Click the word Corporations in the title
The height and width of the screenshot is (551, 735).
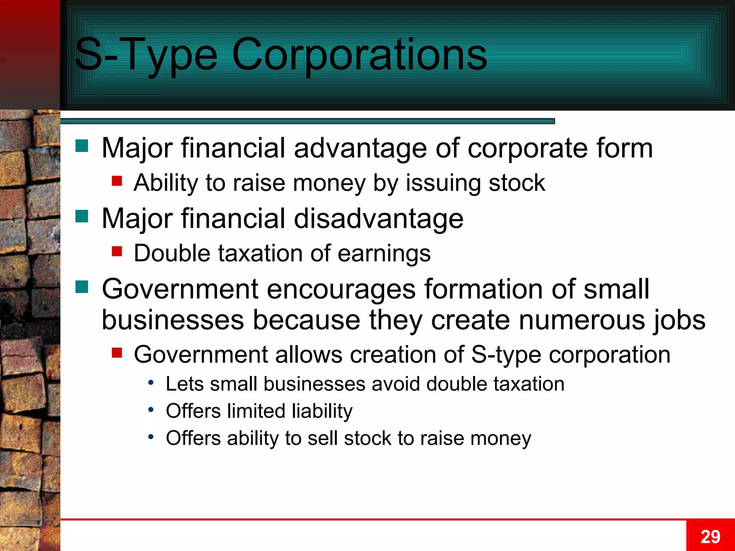click(359, 55)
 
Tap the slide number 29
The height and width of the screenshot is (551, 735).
click(710, 537)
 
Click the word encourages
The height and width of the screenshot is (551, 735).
click(341, 289)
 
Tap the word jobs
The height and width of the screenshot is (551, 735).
click(680, 320)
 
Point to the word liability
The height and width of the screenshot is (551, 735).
click(322, 411)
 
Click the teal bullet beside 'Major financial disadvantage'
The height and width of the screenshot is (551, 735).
click(82, 217)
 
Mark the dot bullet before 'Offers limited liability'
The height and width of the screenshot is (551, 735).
click(151, 409)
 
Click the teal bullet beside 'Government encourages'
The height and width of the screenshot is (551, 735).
click(82, 287)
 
